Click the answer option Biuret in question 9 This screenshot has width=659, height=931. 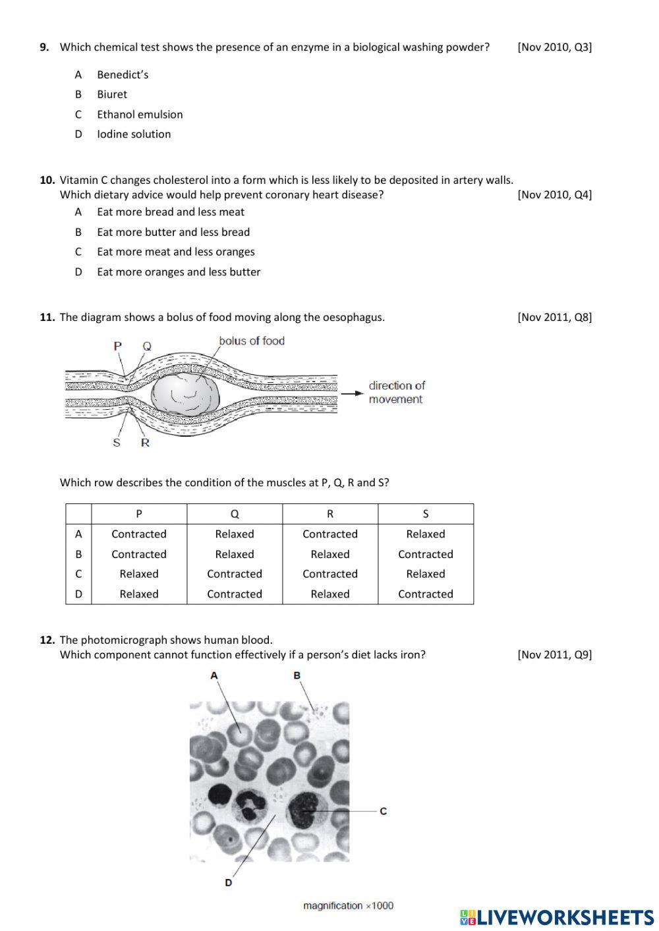(x=111, y=94)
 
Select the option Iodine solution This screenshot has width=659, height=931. (x=133, y=134)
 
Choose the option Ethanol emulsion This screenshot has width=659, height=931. (x=139, y=114)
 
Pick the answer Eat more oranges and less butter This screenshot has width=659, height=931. (x=178, y=271)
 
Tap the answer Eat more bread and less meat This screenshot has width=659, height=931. (x=170, y=212)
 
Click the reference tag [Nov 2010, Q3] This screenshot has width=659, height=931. (x=554, y=47)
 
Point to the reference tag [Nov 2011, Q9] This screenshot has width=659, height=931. (x=554, y=654)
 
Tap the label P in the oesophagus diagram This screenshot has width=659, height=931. (x=117, y=345)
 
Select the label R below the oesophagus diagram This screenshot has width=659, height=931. (x=145, y=443)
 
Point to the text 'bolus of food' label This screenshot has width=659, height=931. (x=251, y=341)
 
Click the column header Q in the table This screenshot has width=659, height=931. (x=235, y=514)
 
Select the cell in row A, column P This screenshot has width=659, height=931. (x=138, y=534)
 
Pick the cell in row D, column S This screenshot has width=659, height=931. (x=425, y=594)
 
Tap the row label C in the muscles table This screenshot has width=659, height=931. (x=78, y=574)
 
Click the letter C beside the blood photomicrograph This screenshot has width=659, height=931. (x=384, y=810)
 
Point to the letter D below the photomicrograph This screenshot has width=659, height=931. (x=228, y=882)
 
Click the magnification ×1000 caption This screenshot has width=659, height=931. (x=348, y=905)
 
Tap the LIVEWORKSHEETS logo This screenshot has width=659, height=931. (x=557, y=917)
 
